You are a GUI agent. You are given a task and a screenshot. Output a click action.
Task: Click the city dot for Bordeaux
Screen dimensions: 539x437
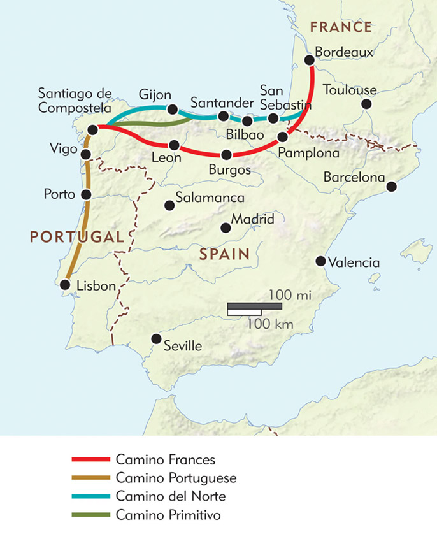click(310, 60)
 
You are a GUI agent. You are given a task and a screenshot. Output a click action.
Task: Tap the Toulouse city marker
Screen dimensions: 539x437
click(366, 104)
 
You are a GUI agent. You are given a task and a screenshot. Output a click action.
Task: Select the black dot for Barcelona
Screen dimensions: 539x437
click(392, 187)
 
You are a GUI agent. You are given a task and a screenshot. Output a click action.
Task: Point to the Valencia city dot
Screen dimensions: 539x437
click(320, 261)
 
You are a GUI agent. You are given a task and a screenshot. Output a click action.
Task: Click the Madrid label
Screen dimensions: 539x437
click(252, 219)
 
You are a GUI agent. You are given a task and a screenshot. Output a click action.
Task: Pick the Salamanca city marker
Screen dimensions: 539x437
click(169, 205)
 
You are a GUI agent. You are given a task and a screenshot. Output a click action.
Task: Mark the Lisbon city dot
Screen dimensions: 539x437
click(65, 285)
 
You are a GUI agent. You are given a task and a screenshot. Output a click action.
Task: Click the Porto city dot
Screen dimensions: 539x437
click(86, 192)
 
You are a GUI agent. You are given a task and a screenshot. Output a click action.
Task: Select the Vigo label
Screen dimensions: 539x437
click(62, 149)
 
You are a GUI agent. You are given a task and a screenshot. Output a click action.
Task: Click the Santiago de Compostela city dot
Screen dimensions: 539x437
click(92, 129)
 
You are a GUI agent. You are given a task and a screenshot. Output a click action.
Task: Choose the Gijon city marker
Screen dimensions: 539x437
click(172, 109)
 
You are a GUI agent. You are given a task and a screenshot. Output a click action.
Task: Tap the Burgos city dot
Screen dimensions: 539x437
click(226, 154)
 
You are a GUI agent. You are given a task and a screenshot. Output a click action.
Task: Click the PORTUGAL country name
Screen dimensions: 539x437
click(75, 237)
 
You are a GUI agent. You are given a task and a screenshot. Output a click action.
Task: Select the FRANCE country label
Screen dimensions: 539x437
click(340, 27)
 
